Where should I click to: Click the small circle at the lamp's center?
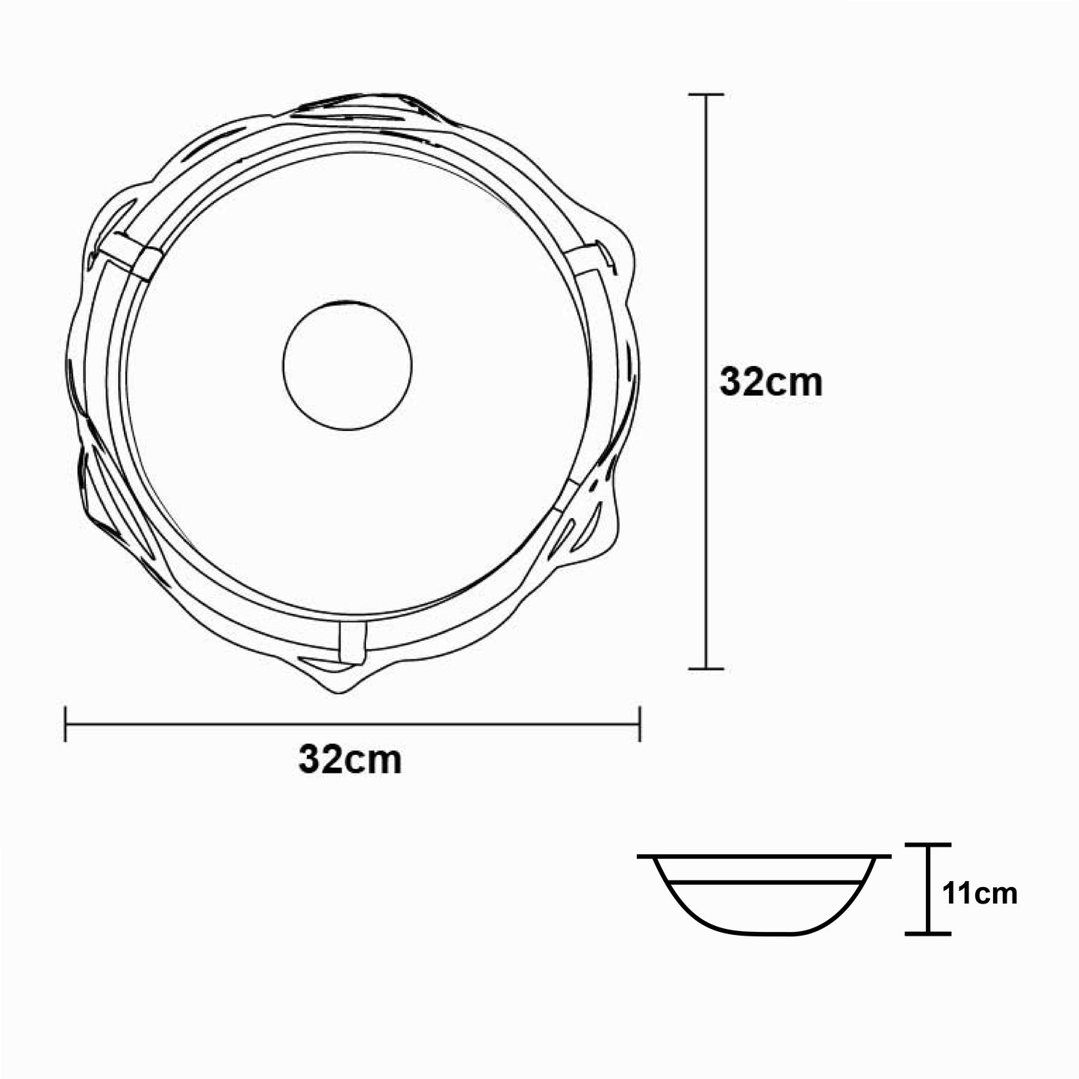click(x=347, y=365)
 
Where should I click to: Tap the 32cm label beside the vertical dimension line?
click(x=771, y=383)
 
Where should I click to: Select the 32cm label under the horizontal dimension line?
click(x=350, y=760)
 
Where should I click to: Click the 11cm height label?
click(x=980, y=909)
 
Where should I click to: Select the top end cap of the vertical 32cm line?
click(x=706, y=95)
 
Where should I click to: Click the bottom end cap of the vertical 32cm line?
click(x=706, y=668)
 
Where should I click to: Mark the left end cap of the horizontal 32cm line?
click(x=66, y=724)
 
